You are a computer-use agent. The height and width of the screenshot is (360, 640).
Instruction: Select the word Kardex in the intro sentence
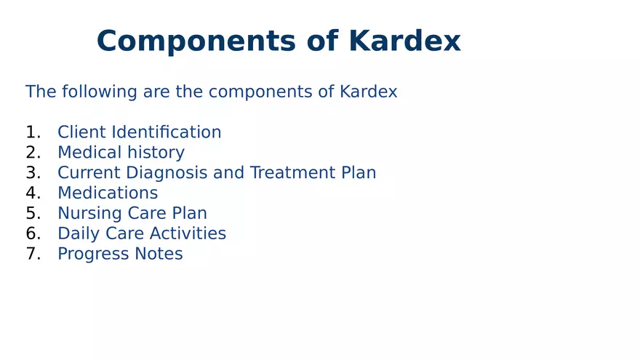click(x=368, y=92)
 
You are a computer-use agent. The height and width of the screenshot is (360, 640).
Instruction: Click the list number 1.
click(x=33, y=132)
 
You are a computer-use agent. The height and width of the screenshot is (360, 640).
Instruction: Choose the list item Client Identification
click(x=139, y=132)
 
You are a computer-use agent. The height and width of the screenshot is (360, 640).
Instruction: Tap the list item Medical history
click(x=121, y=153)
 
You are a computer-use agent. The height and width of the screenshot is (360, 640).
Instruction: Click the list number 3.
click(x=33, y=173)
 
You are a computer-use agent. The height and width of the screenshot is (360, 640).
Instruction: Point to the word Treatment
click(x=284, y=173)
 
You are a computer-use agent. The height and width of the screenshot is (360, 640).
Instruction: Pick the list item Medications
click(x=108, y=193)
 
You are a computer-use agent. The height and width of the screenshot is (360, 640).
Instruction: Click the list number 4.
click(x=33, y=193)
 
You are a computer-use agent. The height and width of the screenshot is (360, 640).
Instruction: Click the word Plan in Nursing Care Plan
click(x=190, y=214)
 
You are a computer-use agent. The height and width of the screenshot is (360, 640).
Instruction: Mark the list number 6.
click(x=33, y=233)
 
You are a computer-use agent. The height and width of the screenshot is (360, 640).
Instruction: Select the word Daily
click(x=77, y=233)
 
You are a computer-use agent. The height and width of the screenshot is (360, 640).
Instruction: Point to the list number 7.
click(x=33, y=254)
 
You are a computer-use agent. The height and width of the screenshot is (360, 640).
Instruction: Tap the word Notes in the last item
click(x=159, y=254)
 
